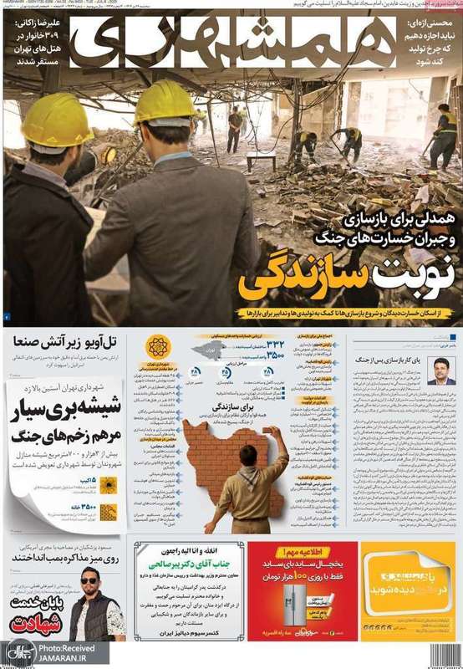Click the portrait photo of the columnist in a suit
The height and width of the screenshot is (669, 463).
(440, 370)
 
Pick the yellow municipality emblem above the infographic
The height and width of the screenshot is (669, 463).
(156, 346)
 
